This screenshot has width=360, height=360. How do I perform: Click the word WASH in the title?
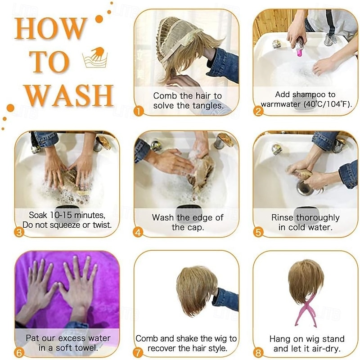click(x=69, y=95)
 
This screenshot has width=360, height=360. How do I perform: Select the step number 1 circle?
click(x=139, y=112)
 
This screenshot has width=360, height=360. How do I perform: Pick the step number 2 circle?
click(x=258, y=112)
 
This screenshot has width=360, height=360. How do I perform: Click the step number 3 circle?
click(x=19, y=232)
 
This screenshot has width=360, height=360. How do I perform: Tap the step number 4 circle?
click(x=138, y=233)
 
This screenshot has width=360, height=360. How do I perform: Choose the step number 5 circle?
click(x=258, y=232)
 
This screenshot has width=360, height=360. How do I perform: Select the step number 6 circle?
click(x=19, y=353)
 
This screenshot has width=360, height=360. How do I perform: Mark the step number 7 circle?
click(x=138, y=353)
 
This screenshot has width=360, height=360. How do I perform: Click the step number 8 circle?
click(x=258, y=353)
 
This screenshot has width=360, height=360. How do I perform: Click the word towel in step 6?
click(x=88, y=348)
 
